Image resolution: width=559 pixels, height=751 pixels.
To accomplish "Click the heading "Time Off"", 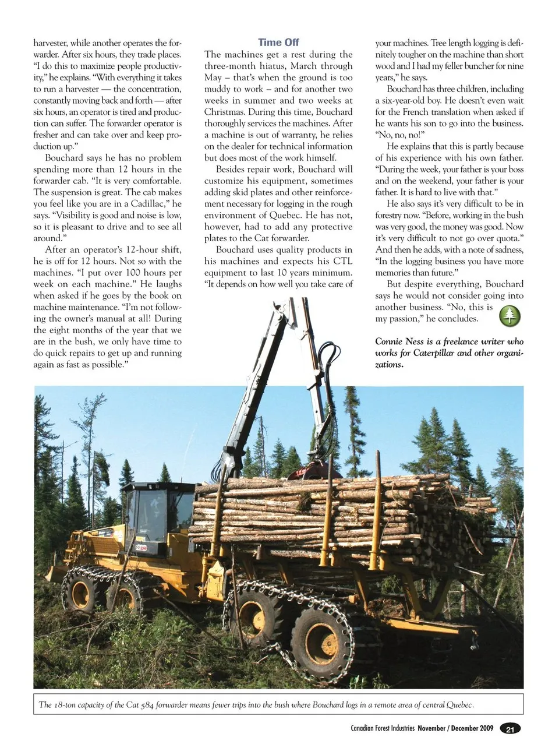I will click(x=278, y=43).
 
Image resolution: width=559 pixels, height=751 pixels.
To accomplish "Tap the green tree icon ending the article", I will click(x=510, y=316).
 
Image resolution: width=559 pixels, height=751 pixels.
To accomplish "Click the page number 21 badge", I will click(x=510, y=729).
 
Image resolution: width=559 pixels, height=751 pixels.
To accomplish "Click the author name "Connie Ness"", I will click(x=399, y=341).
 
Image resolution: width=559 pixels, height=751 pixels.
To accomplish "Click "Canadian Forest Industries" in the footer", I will click(x=382, y=728).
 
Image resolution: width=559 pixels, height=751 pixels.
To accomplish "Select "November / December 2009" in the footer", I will click(x=455, y=728).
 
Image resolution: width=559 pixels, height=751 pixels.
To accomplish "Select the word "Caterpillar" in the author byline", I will click(x=437, y=353).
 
